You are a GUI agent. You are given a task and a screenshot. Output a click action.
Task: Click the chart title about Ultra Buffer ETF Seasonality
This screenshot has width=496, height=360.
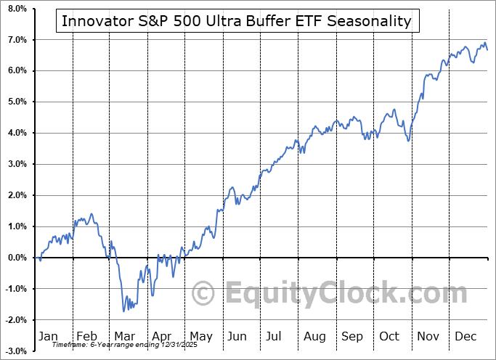coord(237,21)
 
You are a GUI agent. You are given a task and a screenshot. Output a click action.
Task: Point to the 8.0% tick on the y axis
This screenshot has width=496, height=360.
coord(17,9)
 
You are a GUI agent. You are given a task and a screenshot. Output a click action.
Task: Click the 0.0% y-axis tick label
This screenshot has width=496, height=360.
coord(17,258)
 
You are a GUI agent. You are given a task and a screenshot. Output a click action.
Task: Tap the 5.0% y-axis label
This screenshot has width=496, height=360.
coord(17,102)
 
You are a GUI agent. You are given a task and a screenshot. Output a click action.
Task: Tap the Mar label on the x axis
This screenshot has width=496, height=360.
coord(126,336)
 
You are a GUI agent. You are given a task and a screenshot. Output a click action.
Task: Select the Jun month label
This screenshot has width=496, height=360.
coord(237,336)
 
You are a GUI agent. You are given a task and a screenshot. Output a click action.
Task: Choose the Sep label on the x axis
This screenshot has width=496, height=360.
coord(352,336)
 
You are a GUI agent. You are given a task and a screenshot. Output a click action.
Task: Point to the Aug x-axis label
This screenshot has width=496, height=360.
coord(314,336)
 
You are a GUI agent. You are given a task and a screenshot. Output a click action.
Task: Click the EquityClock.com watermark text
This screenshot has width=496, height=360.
coord(346,292)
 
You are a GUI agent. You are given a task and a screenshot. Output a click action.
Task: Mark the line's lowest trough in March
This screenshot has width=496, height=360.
coord(124,311)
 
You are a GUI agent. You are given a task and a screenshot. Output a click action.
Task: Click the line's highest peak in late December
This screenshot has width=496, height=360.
coord(484,42)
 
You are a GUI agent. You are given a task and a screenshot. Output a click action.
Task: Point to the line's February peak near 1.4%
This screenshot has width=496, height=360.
coord(92,214)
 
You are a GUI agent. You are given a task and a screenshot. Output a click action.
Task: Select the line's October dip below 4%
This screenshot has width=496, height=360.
coord(409,140)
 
